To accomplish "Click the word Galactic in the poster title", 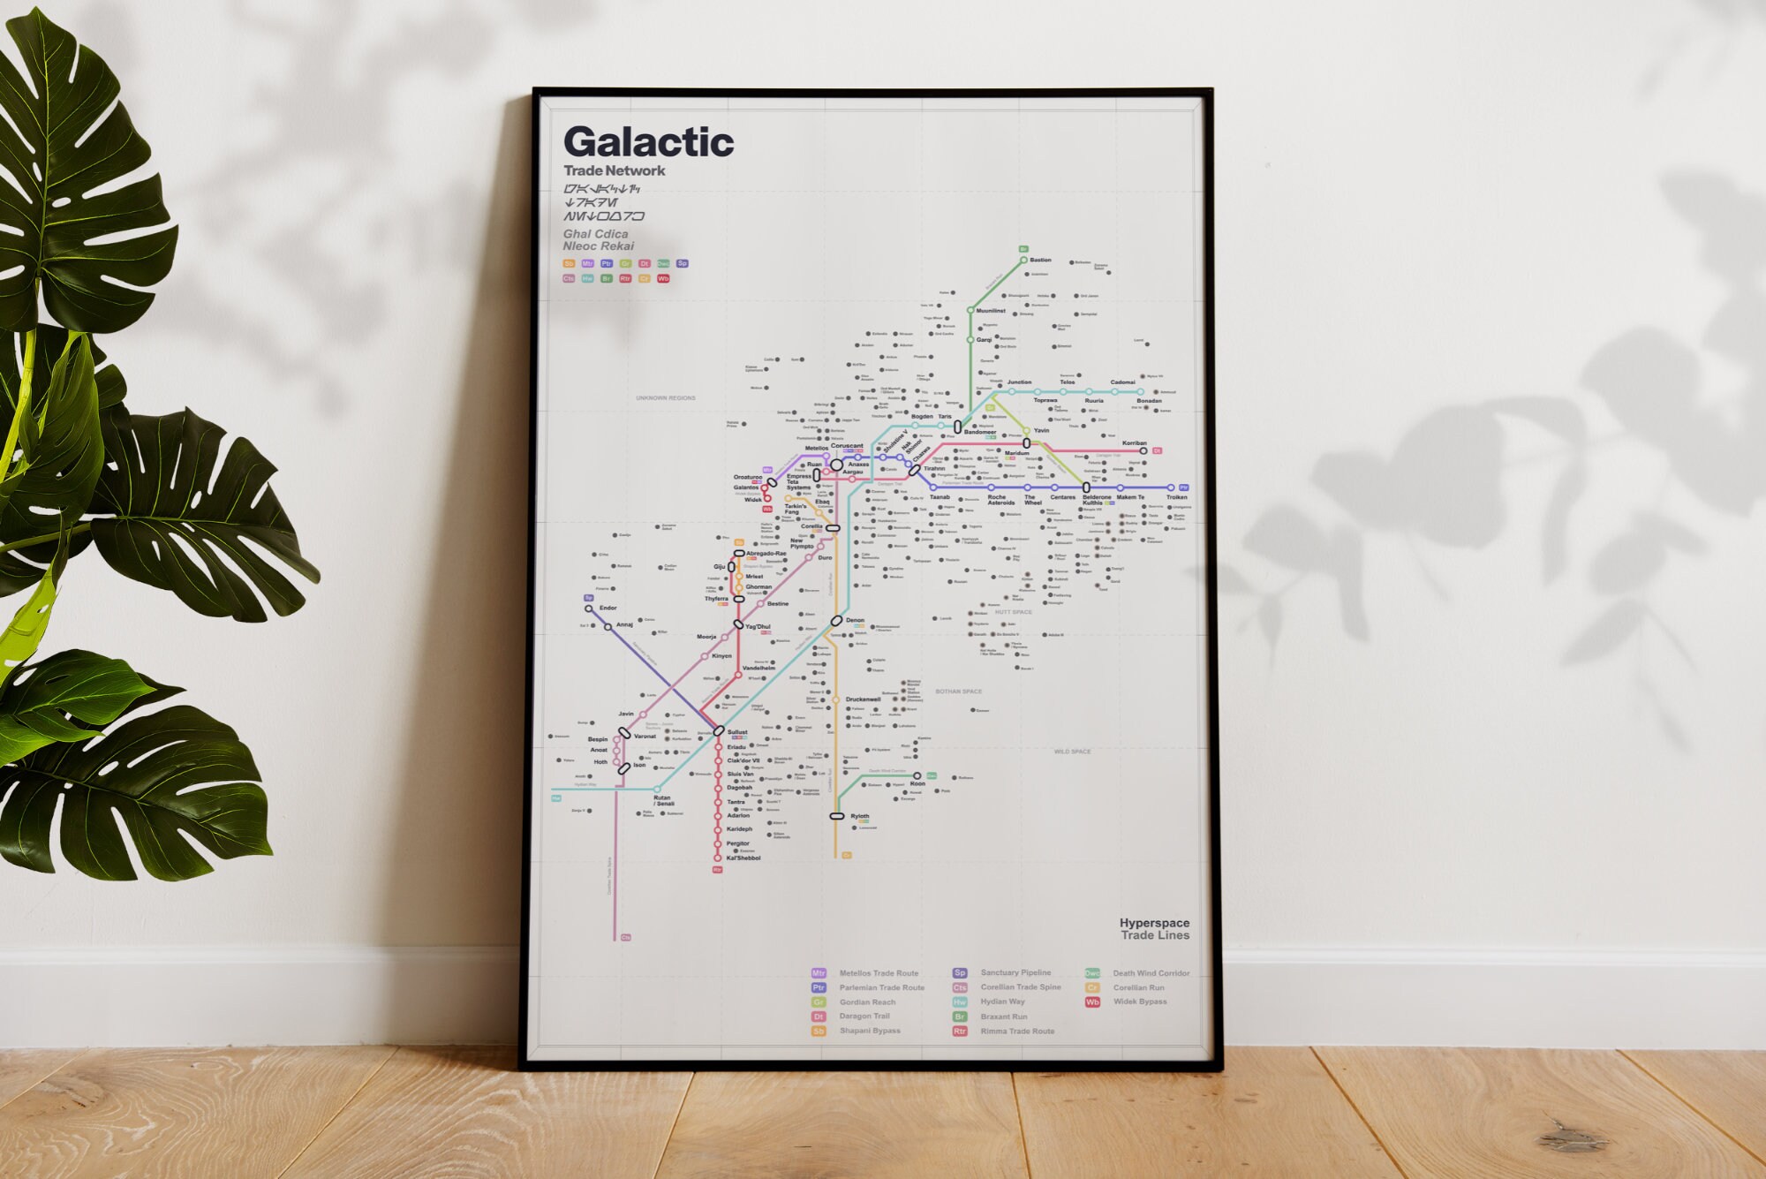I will coord(648,142).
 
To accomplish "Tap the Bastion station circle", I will coord(1023,261).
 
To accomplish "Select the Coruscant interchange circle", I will coord(836,465).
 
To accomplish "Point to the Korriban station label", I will coord(1134,443).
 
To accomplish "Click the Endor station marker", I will coord(589,608).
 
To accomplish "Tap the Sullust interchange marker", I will coord(719,731).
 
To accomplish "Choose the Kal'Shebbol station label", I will coord(743,858).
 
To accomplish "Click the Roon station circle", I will coord(917,776).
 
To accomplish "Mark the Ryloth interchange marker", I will coord(837,816).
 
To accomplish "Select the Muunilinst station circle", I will coord(970,311).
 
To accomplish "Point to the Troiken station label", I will coord(1176,497).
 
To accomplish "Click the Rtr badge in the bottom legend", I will coord(960,1031).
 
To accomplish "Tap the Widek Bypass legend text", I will coord(1140,1001).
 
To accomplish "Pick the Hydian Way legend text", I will coord(1002,1001).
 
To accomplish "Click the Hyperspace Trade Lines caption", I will coord(1154,929).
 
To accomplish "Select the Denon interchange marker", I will coord(836,621).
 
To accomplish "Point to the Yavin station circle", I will coord(1026,431).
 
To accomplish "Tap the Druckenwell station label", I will coord(863,699).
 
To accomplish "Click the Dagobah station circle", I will coord(718,788).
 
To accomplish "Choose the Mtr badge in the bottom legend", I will coord(819,973).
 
